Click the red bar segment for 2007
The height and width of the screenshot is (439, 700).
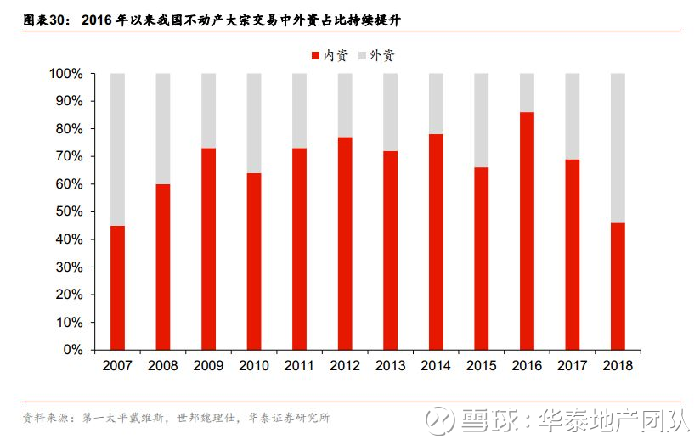pyautogui.click(x=117, y=288)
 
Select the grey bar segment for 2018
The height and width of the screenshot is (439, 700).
pyautogui.click(x=618, y=148)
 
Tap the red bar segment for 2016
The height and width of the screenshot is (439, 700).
pyautogui.click(x=527, y=231)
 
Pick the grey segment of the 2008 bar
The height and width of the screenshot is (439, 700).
pyautogui.click(x=163, y=129)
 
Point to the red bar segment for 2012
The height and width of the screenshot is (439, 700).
pyautogui.click(x=345, y=244)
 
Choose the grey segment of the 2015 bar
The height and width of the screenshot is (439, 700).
pyautogui.click(x=481, y=121)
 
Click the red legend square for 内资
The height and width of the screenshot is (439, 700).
pyautogui.click(x=316, y=56)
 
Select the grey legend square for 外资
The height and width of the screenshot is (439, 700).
pyautogui.click(x=362, y=56)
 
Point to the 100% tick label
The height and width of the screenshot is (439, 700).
pyautogui.click(x=66, y=74)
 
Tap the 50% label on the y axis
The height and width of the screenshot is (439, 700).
pyautogui.click(x=69, y=211)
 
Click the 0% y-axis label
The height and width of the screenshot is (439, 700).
pyautogui.click(x=73, y=349)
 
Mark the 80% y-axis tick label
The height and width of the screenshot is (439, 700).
pyautogui.click(x=69, y=129)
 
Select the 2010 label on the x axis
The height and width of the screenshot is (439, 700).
pyautogui.click(x=254, y=365)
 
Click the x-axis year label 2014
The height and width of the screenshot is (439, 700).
pyautogui.click(x=436, y=365)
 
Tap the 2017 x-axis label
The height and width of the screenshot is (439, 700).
pyautogui.click(x=573, y=365)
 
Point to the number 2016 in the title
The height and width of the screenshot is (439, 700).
pyautogui.click(x=97, y=20)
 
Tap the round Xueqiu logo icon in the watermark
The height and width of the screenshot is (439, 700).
pyautogui.click(x=439, y=420)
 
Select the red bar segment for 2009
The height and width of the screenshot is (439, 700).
pyautogui.click(x=208, y=249)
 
